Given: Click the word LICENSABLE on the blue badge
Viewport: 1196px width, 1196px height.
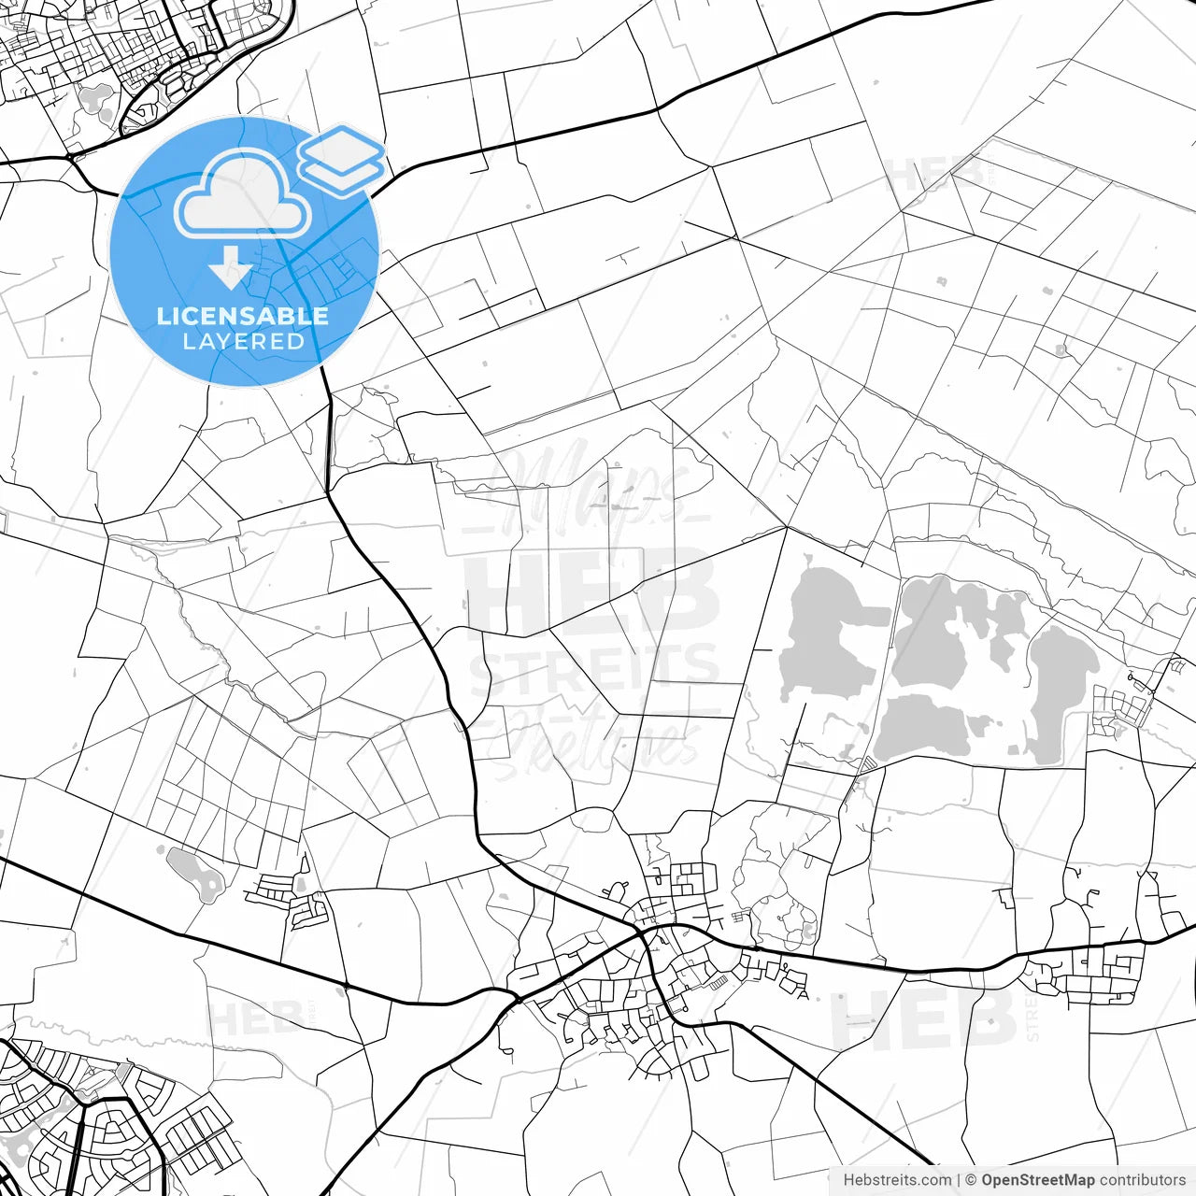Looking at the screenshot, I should [x=243, y=316].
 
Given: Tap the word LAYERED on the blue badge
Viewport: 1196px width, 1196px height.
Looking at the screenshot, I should [x=243, y=342].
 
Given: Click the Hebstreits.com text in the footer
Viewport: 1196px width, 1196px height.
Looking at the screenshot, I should [x=897, y=1180].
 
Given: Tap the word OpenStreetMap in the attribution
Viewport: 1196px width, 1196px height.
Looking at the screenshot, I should [x=1037, y=1180].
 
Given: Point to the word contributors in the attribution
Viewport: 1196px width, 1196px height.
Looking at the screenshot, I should [x=1142, y=1180].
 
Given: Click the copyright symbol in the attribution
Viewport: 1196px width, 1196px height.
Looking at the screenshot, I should [x=971, y=1180].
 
